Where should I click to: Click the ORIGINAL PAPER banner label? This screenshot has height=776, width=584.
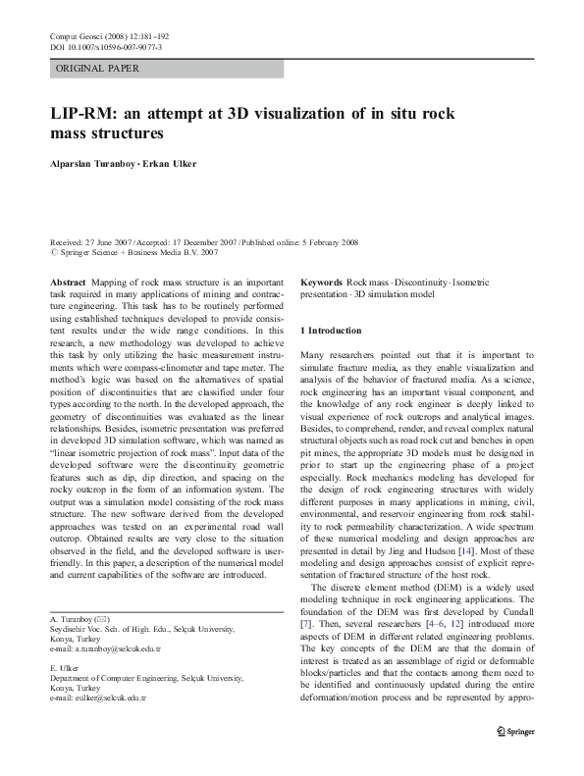click(x=97, y=69)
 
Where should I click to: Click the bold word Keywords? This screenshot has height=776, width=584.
click(x=321, y=282)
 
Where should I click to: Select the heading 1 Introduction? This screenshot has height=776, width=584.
click(x=331, y=331)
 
